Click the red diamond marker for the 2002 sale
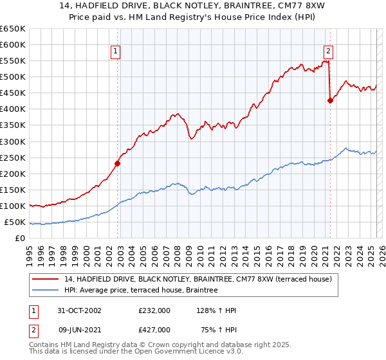[x=118, y=163]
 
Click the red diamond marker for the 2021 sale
[x=330, y=100]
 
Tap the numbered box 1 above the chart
[x=115, y=52]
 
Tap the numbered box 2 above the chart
[x=328, y=52]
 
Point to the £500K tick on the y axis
[x=13, y=77]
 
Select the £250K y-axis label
[x=13, y=157]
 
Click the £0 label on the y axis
[x=20, y=239]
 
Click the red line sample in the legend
[x=45, y=279]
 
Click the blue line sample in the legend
[x=45, y=291]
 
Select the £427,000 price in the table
[x=154, y=330]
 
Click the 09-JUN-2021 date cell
[x=73, y=330]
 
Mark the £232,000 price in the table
[x=154, y=310]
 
